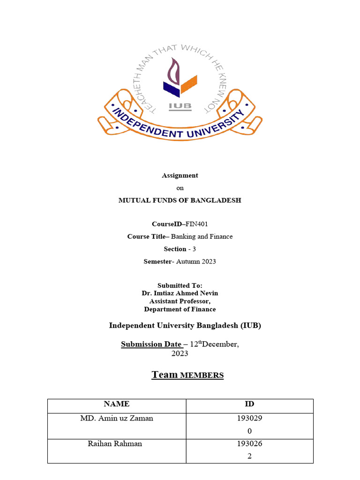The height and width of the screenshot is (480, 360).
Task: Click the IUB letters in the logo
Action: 180,105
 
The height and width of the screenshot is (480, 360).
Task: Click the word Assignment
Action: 180,175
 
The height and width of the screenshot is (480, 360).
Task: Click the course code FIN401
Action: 196,224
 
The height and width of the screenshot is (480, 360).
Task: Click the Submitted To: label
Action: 180,285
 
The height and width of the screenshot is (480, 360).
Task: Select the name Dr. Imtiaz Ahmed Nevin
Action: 180,293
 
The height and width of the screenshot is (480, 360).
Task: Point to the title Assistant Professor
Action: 180,301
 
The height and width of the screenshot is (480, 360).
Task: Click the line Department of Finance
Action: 180,309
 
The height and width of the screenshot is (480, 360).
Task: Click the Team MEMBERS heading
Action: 187,375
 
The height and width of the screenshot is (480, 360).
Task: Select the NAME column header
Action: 117,404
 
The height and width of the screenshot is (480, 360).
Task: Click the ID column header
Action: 249,404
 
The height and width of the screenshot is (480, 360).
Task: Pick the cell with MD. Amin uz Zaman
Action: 117,418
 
